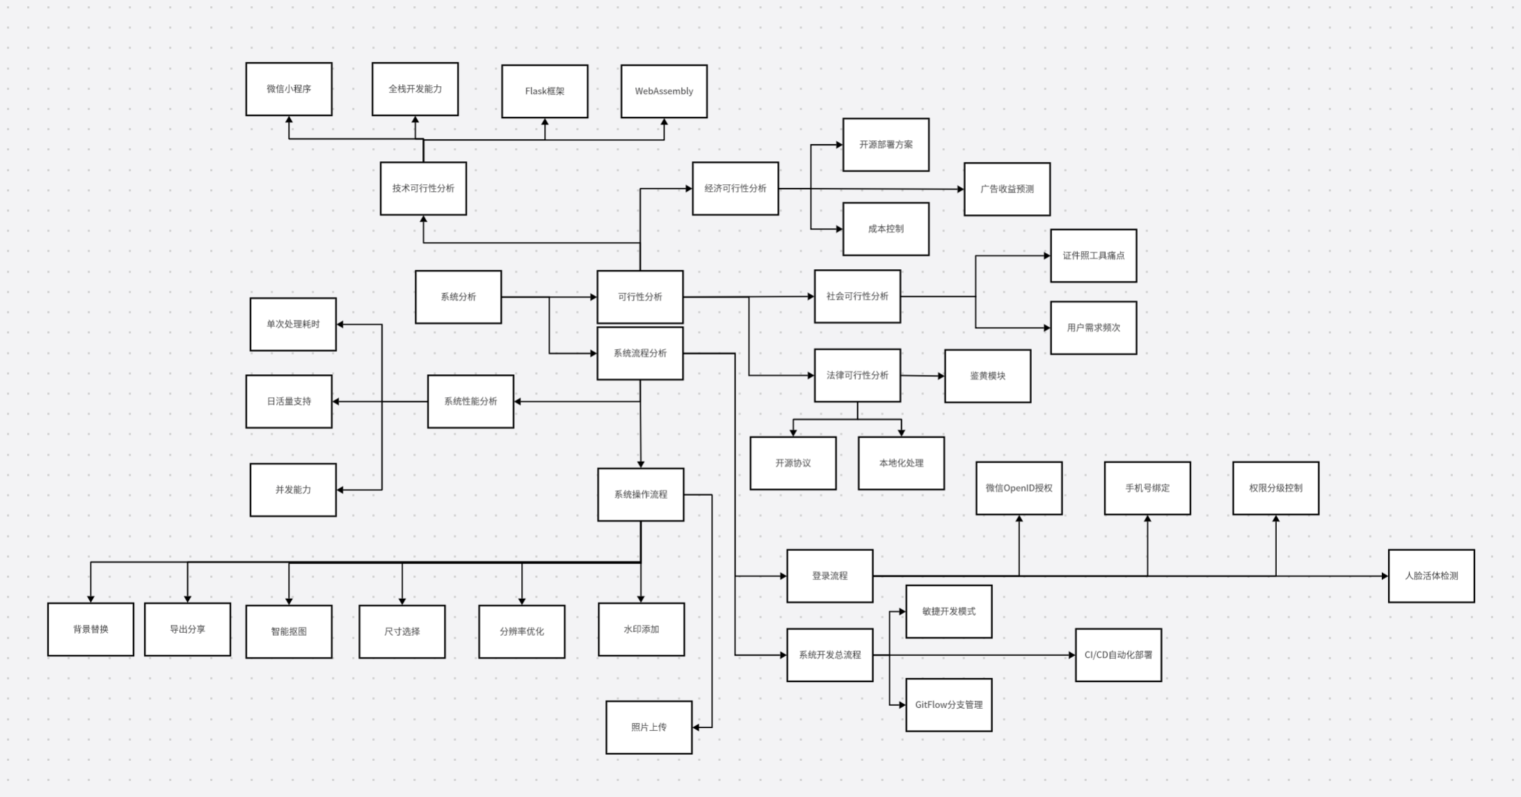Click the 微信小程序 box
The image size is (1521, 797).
click(289, 89)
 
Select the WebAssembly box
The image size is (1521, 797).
click(664, 91)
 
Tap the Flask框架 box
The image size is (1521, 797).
click(545, 91)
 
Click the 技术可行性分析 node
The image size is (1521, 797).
click(423, 188)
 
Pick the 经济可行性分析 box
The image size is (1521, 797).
click(735, 188)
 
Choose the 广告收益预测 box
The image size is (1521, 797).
click(1007, 189)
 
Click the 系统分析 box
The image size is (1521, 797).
click(459, 297)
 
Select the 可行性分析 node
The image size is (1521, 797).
click(640, 297)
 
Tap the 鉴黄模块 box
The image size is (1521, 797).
click(987, 376)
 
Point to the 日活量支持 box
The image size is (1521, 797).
click(289, 401)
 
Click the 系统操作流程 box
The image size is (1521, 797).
click(641, 494)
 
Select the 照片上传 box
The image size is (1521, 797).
click(649, 727)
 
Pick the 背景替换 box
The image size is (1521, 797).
click(90, 629)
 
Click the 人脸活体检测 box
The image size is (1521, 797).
click(1431, 576)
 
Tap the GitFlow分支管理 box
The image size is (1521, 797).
click(949, 705)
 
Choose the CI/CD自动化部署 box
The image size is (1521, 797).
click(1118, 655)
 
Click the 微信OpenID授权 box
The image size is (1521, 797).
click(1019, 488)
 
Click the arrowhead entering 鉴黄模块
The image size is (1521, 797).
click(941, 376)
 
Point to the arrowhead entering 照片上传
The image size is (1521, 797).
click(696, 727)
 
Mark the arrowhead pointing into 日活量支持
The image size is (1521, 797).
click(336, 401)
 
